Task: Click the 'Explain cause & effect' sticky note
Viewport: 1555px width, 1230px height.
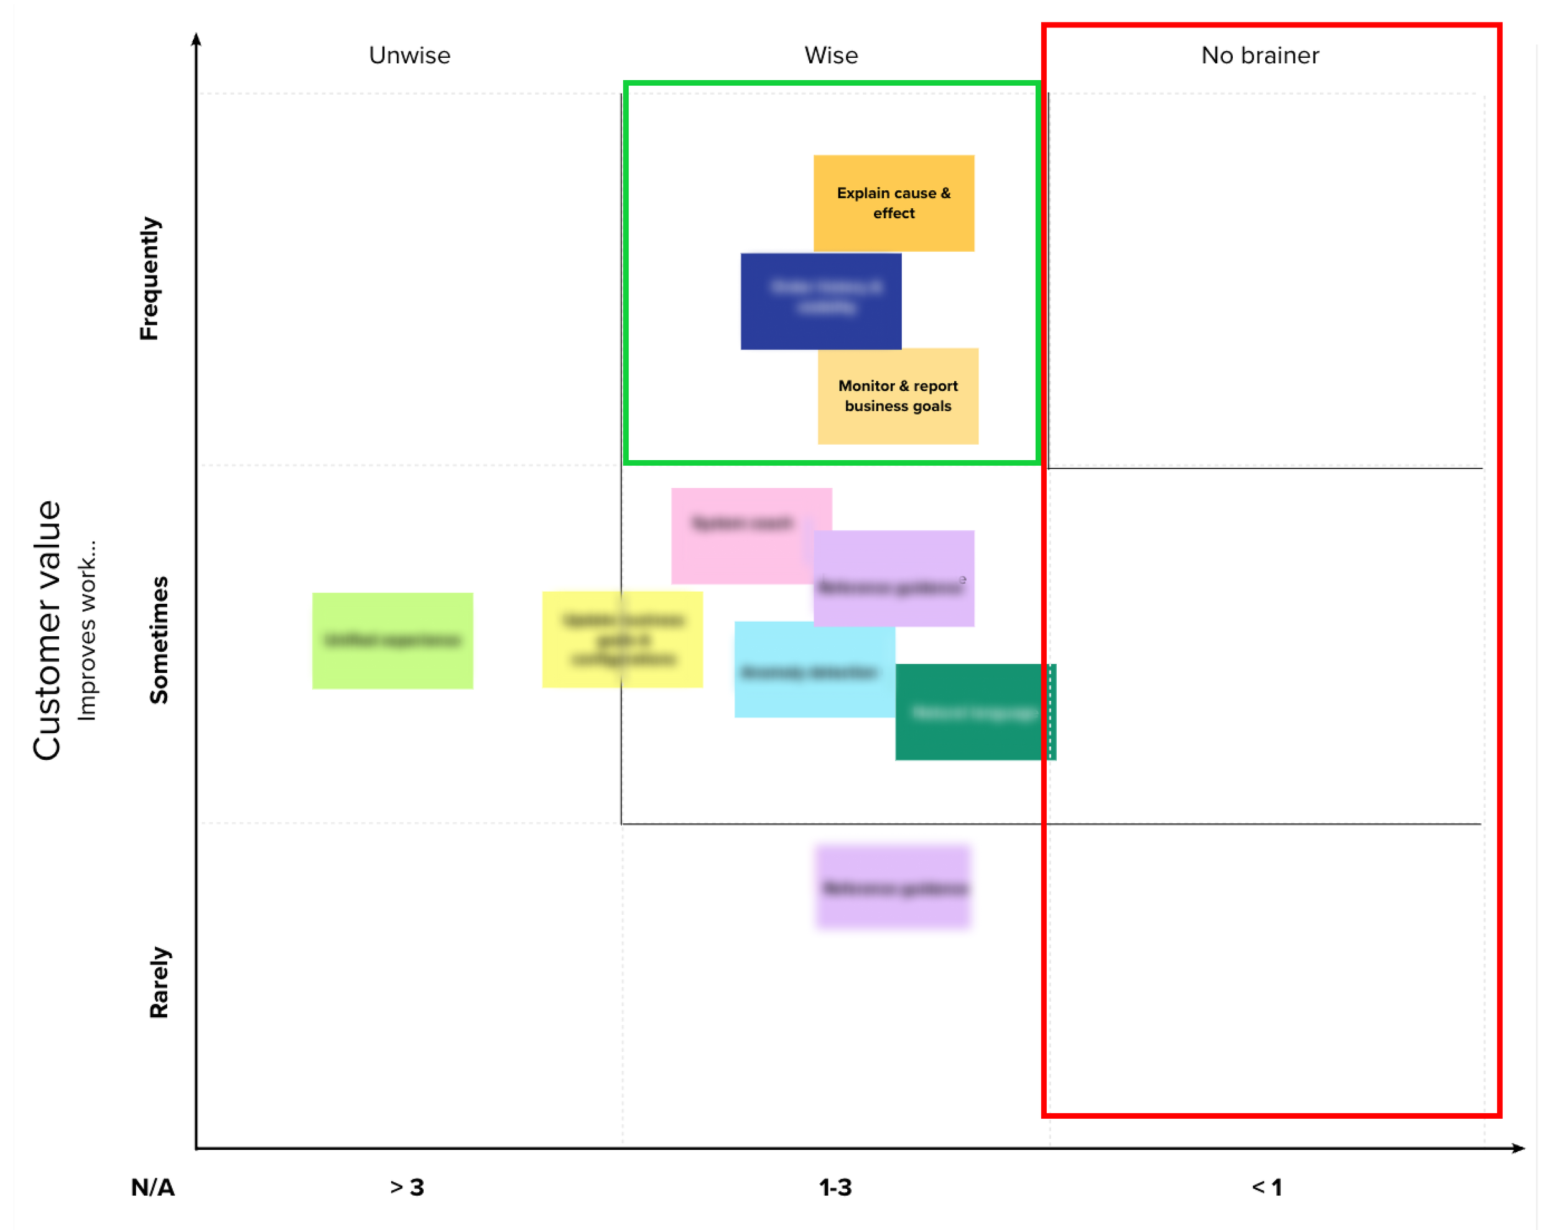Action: pyautogui.click(x=893, y=203)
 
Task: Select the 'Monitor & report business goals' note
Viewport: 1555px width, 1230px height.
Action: pyautogui.click(x=898, y=396)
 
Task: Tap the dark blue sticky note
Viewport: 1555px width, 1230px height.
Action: pyautogui.click(x=820, y=301)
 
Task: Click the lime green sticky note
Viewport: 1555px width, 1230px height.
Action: pyautogui.click(x=392, y=640)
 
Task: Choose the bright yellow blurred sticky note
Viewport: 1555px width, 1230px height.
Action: pyautogui.click(x=621, y=639)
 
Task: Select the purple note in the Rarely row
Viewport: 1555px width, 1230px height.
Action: pyautogui.click(x=893, y=887)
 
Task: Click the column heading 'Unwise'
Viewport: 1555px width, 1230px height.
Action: pyautogui.click(x=409, y=55)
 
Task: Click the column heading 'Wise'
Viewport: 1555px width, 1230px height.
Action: pyautogui.click(x=830, y=55)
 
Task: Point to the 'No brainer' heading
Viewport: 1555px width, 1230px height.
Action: pyautogui.click(x=1260, y=55)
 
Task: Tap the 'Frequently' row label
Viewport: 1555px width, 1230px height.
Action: pyautogui.click(x=149, y=278)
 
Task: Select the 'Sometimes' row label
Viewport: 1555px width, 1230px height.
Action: pyautogui.click(x=159, y=639)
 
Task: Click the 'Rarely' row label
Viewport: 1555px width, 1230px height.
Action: pyautogui.click(x=159, y=983)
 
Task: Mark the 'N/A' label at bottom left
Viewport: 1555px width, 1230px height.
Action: pyautogui.click(x=152, y=1188)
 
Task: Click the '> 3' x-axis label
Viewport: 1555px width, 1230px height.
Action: pyautogui.click(x=407, y=1188)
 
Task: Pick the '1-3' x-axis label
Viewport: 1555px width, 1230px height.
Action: pyautogui.click(x=835, y=1188)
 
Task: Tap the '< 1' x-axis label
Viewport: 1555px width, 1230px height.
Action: pyautogui.click(x=1266, y=1188)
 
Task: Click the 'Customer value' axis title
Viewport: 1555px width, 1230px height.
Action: pyautogui.click(x=47, y=630)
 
